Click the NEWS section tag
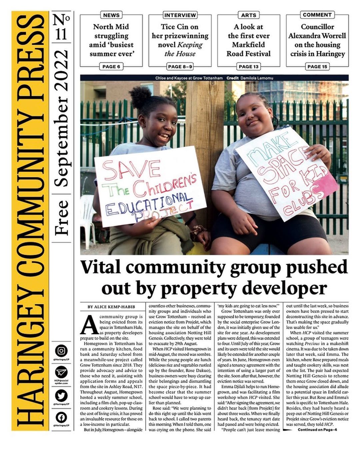pyautogui.click(x=111, y=15)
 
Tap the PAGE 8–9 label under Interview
pyautogui.click(x=180, y=67)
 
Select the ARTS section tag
pyautogui.click(x=249, y=15)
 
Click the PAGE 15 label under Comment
pyautogui.click(x=317, y=67)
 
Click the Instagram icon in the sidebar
pyautogui.click(x=61, y=351)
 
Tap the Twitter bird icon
pyautogui.click(x=61, y=396)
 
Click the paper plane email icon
pyautogui.click(x=61, y=372)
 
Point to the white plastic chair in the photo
pyautogui.click(x=87, y=213)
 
